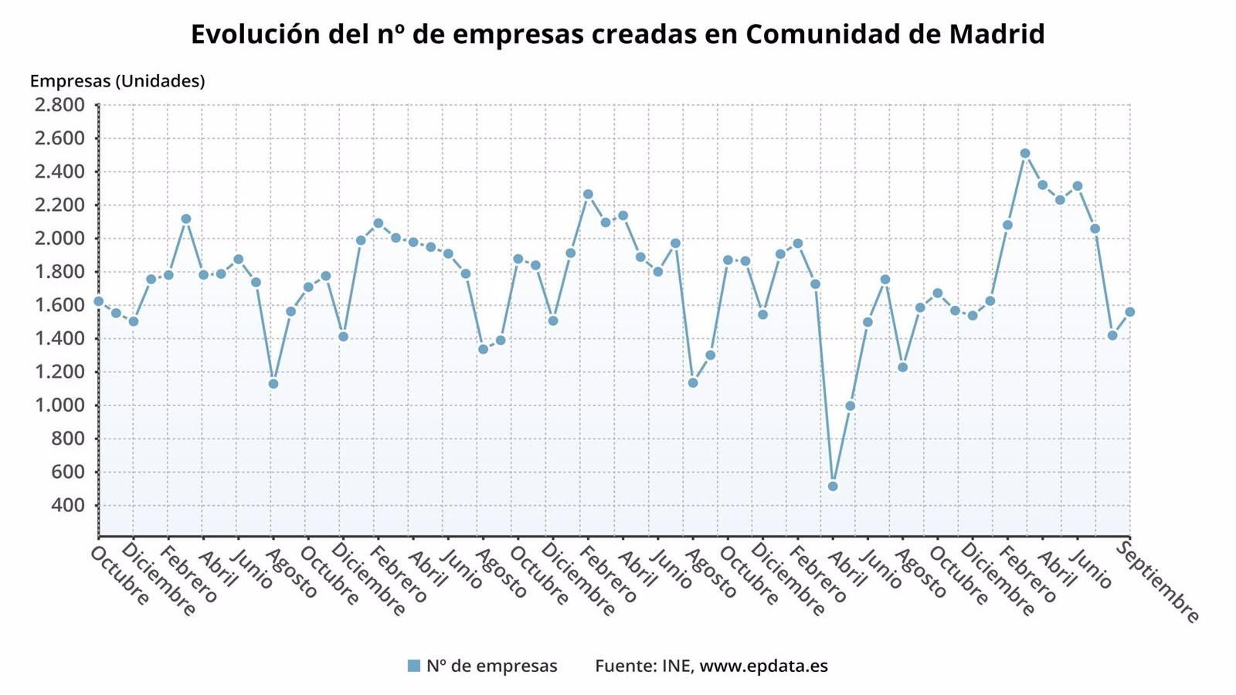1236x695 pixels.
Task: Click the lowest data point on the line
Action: point(832,486)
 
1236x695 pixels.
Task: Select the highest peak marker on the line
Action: point(1025,154)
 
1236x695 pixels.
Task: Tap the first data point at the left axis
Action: point(98,301)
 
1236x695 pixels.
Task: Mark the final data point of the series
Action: point(1129,312)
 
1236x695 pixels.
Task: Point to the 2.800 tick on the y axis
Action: point(59,105)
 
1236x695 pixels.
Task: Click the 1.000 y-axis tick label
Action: point(59,405)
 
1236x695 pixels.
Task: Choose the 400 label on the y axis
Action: point(68,506)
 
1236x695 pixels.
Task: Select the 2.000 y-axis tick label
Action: point(59,239)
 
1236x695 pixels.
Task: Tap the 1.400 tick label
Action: point(59,339)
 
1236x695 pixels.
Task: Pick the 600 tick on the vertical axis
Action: point(68,473)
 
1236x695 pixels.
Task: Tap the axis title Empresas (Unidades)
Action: point(117,81)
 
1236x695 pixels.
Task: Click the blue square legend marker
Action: point(414,666)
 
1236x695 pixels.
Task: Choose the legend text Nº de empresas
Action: point(491,666)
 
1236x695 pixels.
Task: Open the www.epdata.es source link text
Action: point(763,666)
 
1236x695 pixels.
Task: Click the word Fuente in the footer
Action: point(624,666)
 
